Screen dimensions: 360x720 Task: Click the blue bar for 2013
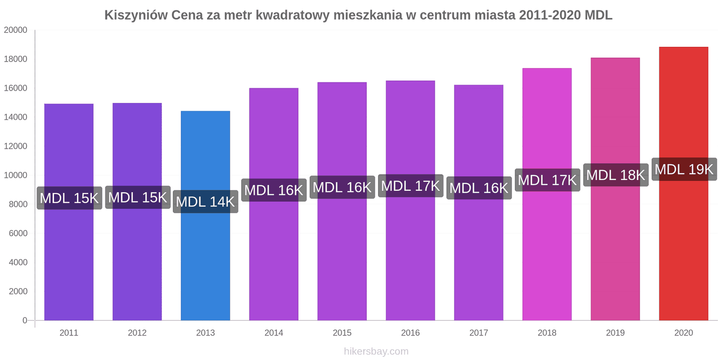point(205,261)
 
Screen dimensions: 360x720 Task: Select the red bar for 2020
point(683,247)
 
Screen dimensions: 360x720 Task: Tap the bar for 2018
point(547,252)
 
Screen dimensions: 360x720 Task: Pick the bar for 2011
point(69,261)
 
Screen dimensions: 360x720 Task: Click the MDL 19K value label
point(684,169)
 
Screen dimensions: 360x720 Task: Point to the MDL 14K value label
point(205,202)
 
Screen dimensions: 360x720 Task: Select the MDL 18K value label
point(616,175)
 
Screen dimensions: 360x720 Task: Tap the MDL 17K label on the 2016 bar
point(410,186)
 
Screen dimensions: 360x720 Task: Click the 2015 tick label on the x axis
point(342,333)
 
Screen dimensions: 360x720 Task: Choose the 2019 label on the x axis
point(615,333)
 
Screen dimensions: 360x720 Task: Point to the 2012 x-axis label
point(137,333)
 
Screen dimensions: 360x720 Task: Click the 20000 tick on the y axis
point(16,30)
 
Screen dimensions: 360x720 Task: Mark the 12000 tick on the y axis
point(16,146)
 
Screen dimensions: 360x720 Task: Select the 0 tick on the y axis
point(25,320)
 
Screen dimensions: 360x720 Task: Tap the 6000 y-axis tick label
point(18,233)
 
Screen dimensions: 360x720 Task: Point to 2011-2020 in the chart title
point(549,15)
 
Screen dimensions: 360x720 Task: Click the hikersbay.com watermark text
point(376,351)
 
